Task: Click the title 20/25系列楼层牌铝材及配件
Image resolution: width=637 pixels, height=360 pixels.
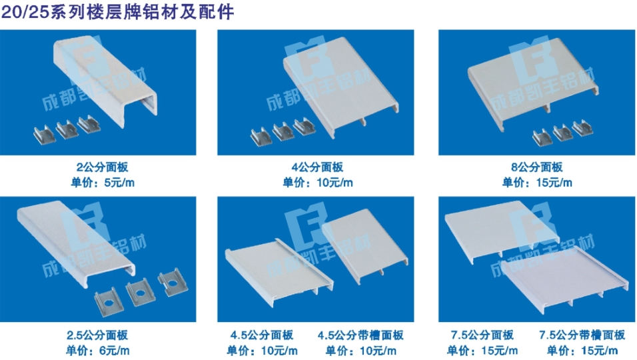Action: (x=117, y=11)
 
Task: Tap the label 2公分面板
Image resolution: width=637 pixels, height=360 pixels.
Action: (x=103, y=167)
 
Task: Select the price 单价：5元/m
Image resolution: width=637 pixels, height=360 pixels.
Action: (x=103, y=183)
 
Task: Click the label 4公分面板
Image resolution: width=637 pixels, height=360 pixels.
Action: (x=318, y=167)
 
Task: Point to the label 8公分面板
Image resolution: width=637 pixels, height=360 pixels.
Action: (x=537, y=167)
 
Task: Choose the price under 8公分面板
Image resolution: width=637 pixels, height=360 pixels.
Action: (x=537, y=183)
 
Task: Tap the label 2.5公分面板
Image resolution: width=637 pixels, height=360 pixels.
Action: (x=97, y=335)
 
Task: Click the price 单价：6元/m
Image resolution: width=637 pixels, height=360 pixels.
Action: (x=98, y=350)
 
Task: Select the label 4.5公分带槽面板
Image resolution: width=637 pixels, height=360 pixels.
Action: (x=360, y=335)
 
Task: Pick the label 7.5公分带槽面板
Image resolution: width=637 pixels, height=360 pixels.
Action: (x=582, y=335)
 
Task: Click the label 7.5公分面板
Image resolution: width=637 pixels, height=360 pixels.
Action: (x=482, y=335)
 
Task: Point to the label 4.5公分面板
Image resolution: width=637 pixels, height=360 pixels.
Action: (x=262, y=335)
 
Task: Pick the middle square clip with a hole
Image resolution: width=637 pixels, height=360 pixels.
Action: (x=140, y=293)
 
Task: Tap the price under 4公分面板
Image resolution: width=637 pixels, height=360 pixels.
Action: (x=318, y=183)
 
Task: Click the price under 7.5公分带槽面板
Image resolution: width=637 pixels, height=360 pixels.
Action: (x=582, y=350)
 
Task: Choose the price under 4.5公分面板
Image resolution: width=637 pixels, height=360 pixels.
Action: (x=262, y=350)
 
